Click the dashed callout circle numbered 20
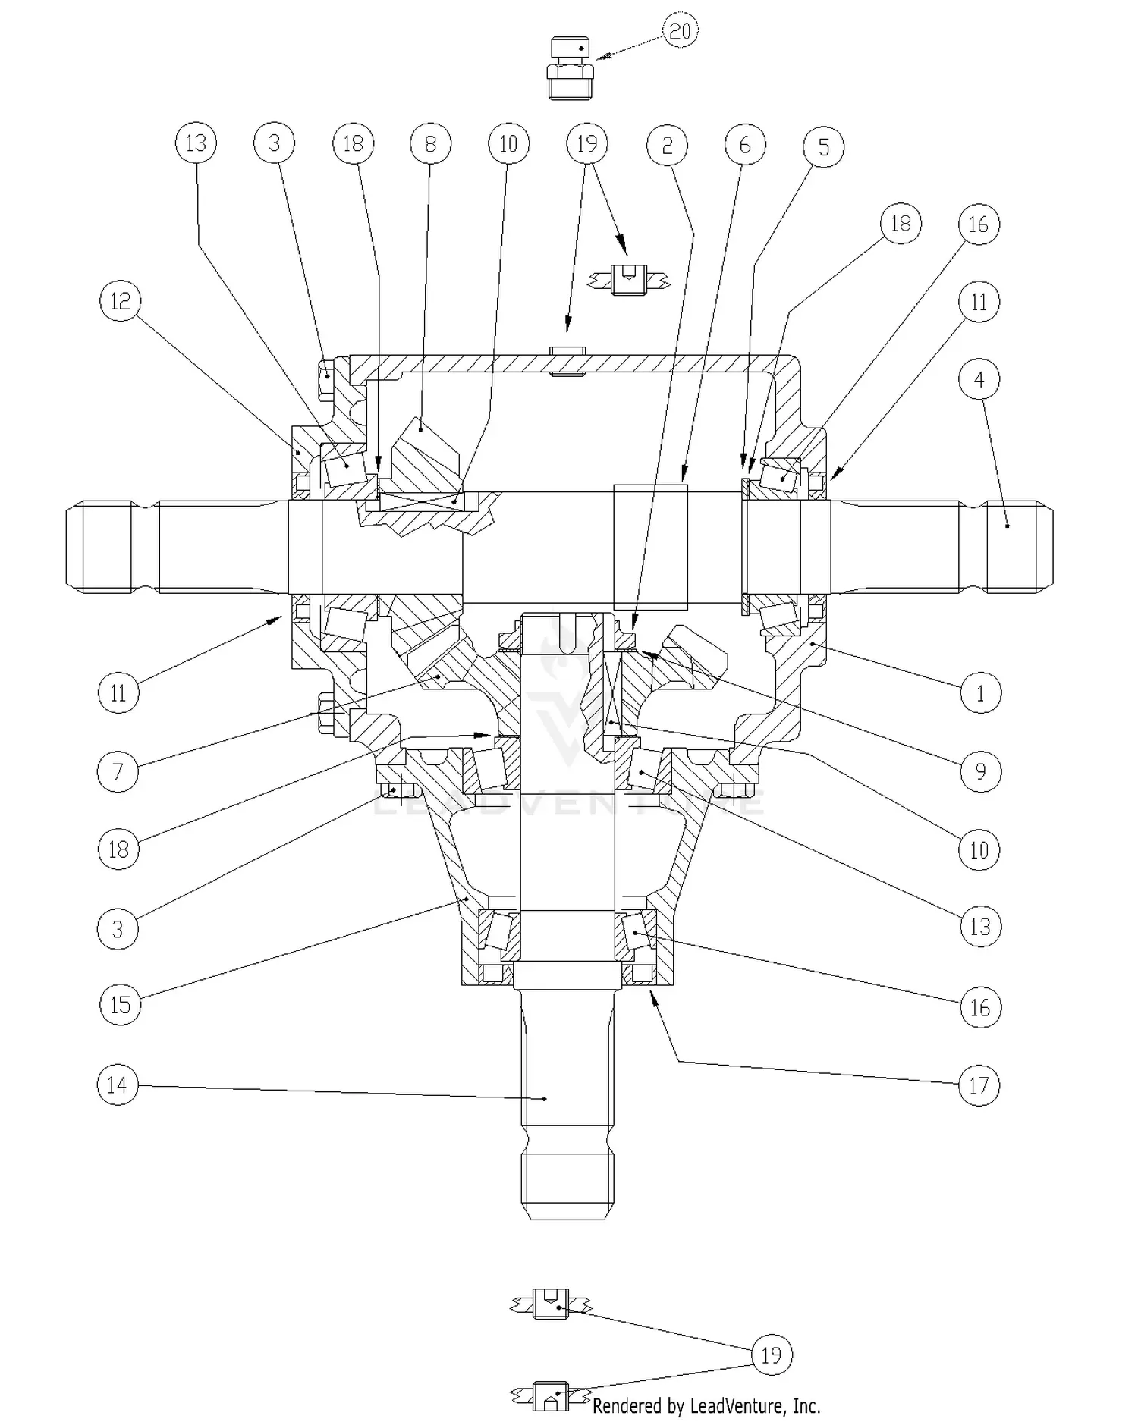pyautogui.click(x=680, y=31)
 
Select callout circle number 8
pyautogui.click(x=430, y=143)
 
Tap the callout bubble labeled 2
pyautogui.click(x=667, y=145)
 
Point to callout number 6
pyautogui.click(x=744, y=145)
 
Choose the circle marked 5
pyautogui.click(x=823, y=147)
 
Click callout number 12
pyautogui.click(x=120, y=302)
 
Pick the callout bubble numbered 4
pyautogui.click(x=979, y=379)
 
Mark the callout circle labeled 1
pyautogui.click(x=980, y=692)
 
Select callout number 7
pyautogui.click(x=118, y=772)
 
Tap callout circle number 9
pyautogui.click(x=980, y=771)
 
